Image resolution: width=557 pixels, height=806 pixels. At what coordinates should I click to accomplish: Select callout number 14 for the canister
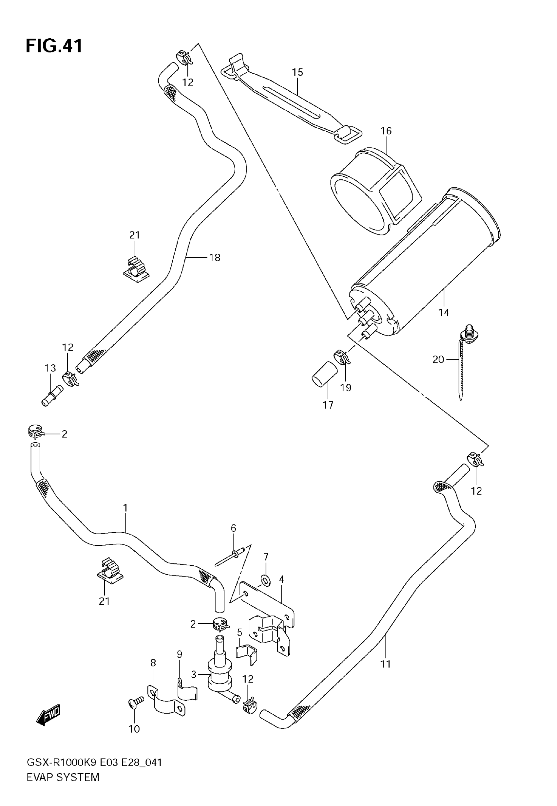tap(444, 313)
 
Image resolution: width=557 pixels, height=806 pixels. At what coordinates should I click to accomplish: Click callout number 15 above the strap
tap(298, 72)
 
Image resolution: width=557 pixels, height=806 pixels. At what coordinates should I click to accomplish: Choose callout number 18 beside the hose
tap(215, 258)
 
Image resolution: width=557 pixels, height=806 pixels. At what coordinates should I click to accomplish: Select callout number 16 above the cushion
tap(386, 131)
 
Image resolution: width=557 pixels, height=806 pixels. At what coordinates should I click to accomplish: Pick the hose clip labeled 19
tap(341, 357)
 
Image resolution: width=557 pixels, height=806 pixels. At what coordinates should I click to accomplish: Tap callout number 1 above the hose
tap(125, 508)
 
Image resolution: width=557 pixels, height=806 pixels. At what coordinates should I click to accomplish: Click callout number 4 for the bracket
tap(282, 579)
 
